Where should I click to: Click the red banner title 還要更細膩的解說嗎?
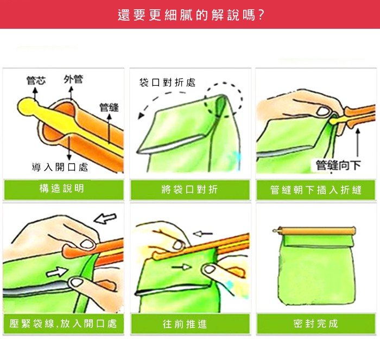pos(191,15)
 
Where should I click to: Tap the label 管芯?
pos(36,80)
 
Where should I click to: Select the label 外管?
pos(73,79)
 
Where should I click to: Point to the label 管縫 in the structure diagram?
pos(109,107)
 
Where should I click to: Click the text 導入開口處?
pos(60,167)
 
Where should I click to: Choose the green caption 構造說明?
pos(62,188)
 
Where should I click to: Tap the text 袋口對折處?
pos(167,83)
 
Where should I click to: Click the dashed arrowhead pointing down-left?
pos(141,116)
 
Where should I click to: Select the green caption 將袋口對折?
pos(189,190)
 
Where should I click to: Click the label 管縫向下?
pos(338,165)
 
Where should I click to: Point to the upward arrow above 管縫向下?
pos(358,143)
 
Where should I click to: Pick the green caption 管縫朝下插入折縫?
pos(316,190)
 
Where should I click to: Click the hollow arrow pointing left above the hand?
pos(105,218)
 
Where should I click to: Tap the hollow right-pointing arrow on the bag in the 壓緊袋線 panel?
pos(57,271)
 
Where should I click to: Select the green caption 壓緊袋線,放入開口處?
pos(63,324)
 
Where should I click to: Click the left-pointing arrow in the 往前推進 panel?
pos(202,234)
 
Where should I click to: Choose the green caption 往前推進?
pos(185,324)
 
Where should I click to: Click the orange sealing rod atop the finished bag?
pos(314,231)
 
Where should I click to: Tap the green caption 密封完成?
pos(315,324)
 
